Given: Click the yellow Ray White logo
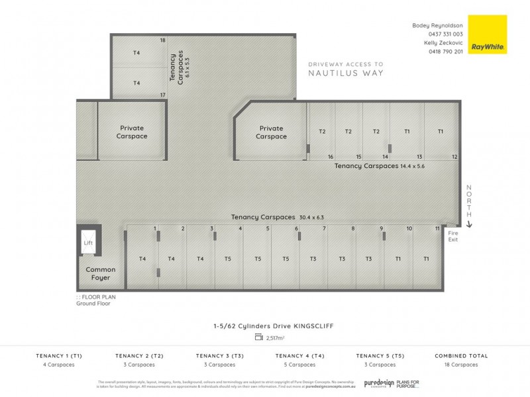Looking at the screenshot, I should click(487, 34).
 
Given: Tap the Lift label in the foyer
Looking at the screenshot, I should click(87, 243).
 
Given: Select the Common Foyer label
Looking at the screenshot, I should click(101, 273).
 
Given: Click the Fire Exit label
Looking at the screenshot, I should click(453, 236).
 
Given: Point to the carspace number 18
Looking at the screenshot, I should click(162, 40).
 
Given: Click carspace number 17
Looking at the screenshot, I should click(162, 95).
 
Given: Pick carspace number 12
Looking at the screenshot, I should click(454, 157).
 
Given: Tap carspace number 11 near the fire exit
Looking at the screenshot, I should click(437, 228).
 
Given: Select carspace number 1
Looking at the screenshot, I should click(155, 228).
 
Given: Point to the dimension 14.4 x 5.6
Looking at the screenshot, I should click(411, 166).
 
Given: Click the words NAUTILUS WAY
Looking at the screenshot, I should click(345, 73).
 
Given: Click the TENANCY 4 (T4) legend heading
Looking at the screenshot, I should click(300, 356).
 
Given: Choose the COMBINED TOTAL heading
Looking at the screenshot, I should click(461, 356).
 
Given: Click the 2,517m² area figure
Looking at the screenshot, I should click(275, 337).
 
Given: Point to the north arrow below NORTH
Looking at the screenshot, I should click(469, 224).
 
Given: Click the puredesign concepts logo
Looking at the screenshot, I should click(380, 383).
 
